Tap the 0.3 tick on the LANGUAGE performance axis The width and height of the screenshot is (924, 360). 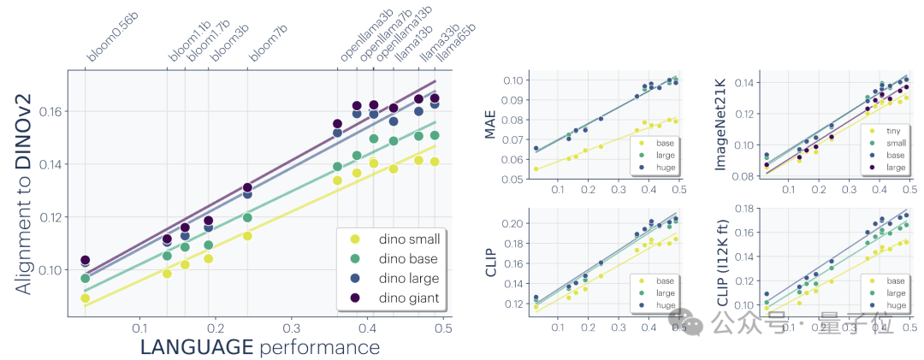point(292,328)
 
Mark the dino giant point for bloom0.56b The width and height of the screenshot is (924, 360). point(85,260)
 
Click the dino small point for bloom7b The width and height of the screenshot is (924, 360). point(247,235)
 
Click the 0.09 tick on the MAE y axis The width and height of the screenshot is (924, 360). point(515,100)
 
